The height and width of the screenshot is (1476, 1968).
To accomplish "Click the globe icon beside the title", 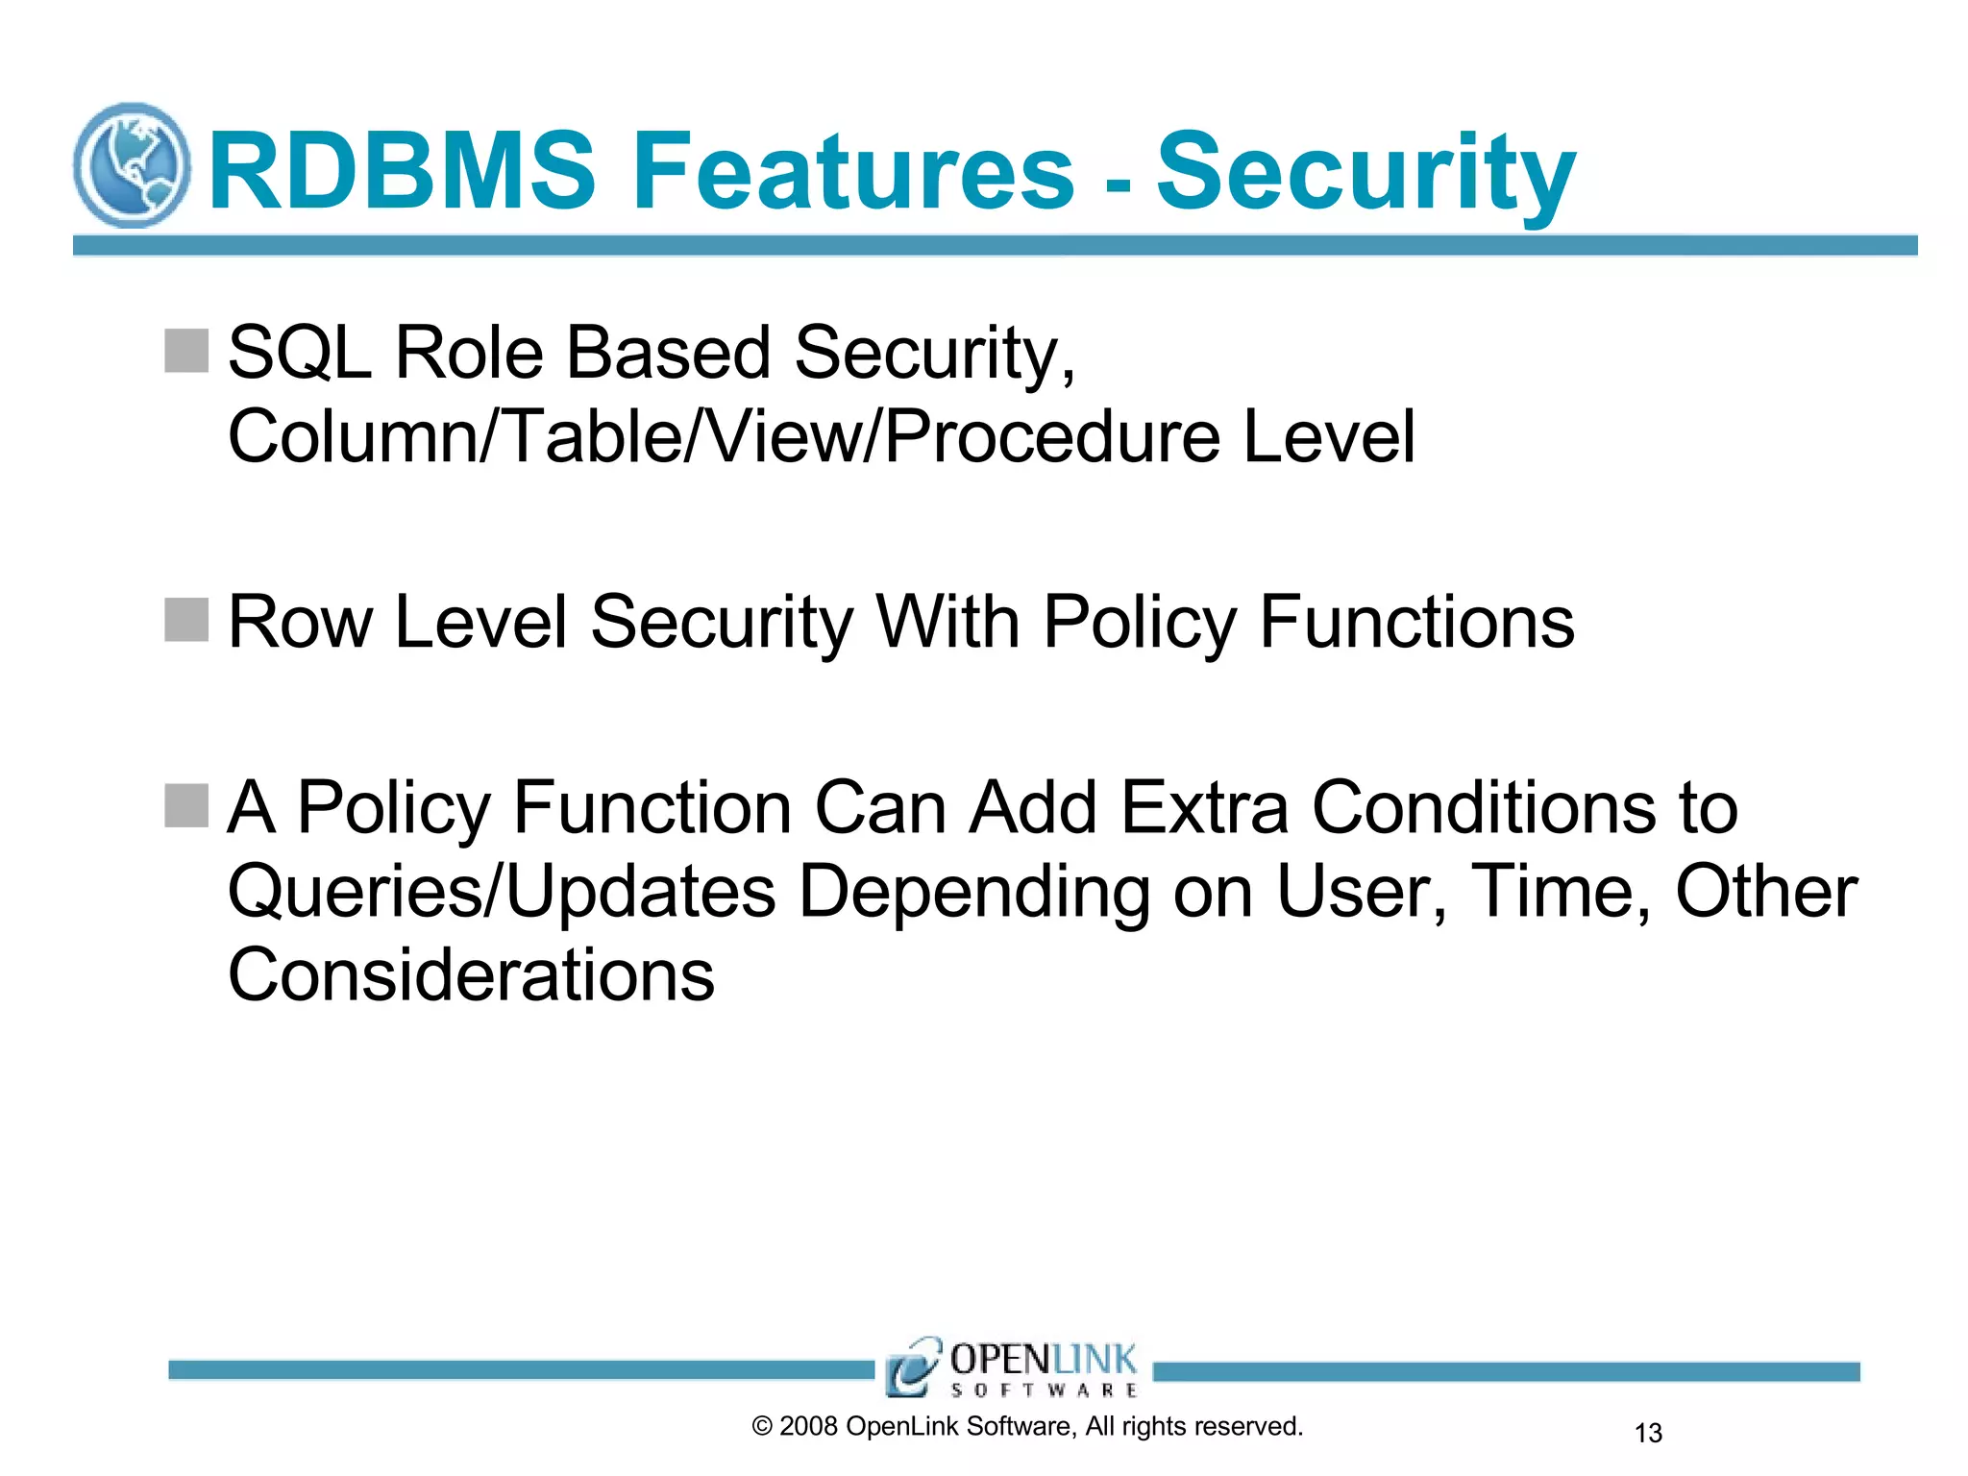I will tap(132, 165).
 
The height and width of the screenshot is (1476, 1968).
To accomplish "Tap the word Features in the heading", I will tap(853, 171).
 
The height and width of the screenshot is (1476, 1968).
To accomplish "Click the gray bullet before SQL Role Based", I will tap(186, 351).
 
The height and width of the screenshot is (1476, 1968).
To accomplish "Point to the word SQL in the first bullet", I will tap(299, 353).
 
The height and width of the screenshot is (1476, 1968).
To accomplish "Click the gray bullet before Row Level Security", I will tap(186, 620).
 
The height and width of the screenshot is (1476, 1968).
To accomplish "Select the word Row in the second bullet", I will tap(299, 623).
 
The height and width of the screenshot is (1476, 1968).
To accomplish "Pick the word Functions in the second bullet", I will tap(1415, 623).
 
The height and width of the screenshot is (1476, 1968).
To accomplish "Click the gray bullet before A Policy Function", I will tap(186, 805).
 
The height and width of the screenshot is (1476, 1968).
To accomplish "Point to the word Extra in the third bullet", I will tap(1204, 807).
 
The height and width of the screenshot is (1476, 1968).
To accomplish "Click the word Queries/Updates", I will tap(501, 892).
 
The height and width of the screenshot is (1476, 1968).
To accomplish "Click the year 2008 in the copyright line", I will tap(808, 1427).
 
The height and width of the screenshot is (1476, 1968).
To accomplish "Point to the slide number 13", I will tap(1648, 1433).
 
